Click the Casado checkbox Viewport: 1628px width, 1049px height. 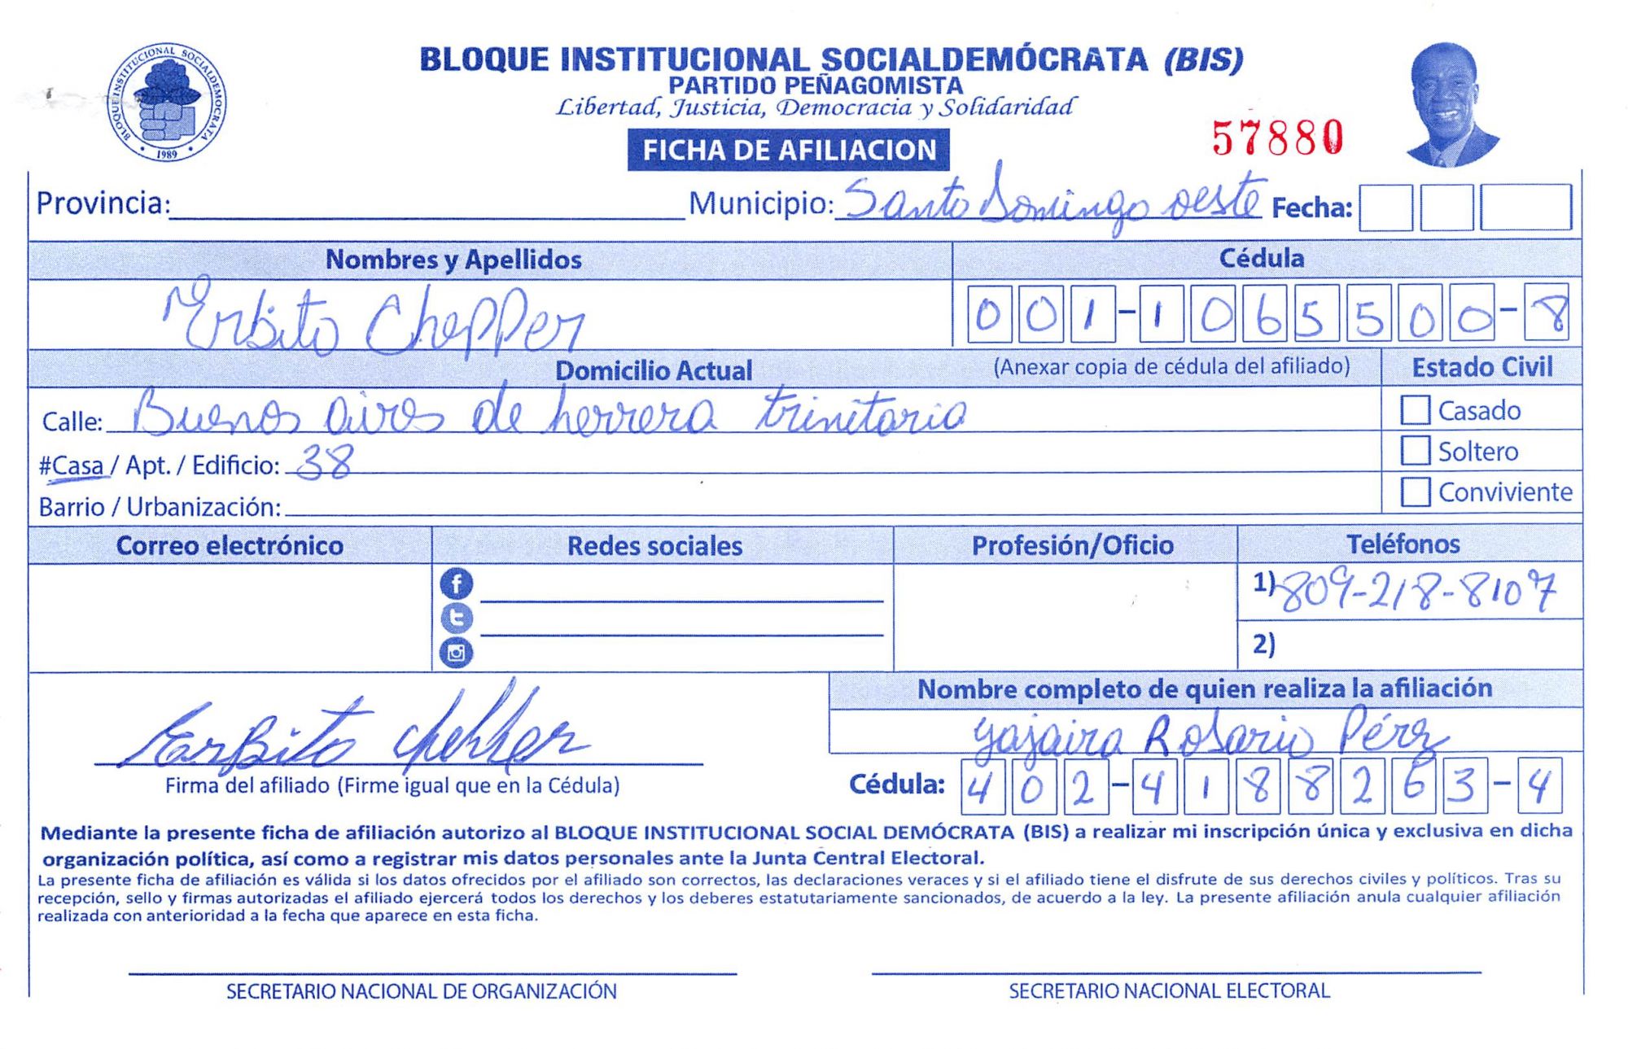pyautogui.click(x=1415, y=410)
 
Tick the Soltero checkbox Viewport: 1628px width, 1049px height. pyautogui.click(x=1415, y=451)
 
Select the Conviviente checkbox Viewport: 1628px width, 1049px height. pyautogui.click(x=1415, y=492)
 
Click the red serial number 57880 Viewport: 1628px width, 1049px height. pyautogui.click(x=1276, y=138)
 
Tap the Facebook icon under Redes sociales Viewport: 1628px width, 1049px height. pyautogui.click(x=456, y=584)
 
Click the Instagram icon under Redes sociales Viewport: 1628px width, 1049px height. pyautogui.click(x=456, y=653)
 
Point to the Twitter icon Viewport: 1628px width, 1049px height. pyautogui.click(x=456, y=618)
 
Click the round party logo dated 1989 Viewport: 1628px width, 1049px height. pyautogui.click(x=167, y=103)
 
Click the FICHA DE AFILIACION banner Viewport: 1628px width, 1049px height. pyautogui.click(x=788, y=151)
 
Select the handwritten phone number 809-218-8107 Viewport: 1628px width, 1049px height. pyautogui.click(x=1416, y=592)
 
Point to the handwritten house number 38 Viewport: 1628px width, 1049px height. pyautogui.click(x=324, y=464)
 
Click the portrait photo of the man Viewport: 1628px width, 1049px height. pyautogui.click(x=1450, y=104)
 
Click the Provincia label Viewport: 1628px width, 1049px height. pyautogui.click(x=103, y=203)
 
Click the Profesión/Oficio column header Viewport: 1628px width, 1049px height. pyautogui.click(x=1072, y=545)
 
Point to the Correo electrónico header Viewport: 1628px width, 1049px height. pyautogui.click(x=230, y=545)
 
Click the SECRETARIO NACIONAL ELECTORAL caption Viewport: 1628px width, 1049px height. pyautogui.click(x=1169, y=991)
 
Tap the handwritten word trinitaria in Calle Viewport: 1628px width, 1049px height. pyautogui.click(x=860, y=413)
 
